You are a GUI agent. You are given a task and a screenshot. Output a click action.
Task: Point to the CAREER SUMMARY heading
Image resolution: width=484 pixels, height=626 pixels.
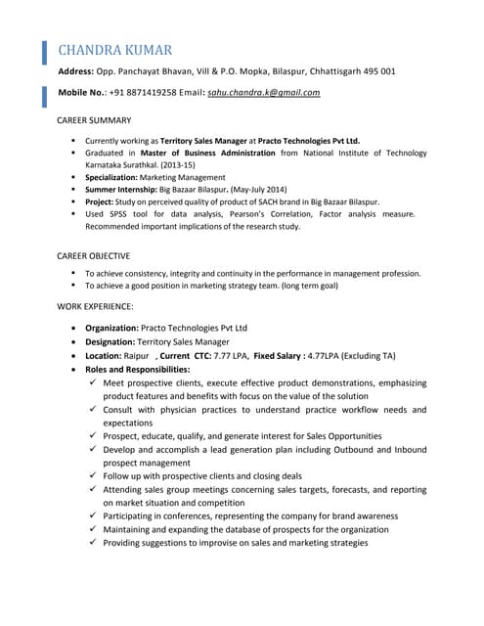coord(95,120)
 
